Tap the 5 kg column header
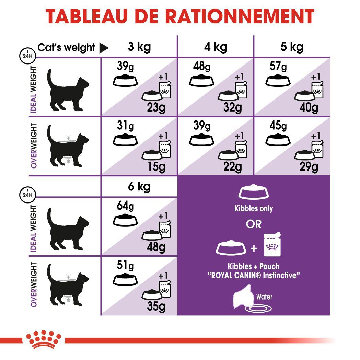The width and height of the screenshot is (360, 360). (292, 47)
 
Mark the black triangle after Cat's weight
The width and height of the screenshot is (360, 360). (104, 48)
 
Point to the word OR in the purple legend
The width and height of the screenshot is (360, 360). (254, 224)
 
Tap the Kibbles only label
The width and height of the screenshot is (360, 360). (254, 209)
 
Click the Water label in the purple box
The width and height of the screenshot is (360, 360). (264, 297)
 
